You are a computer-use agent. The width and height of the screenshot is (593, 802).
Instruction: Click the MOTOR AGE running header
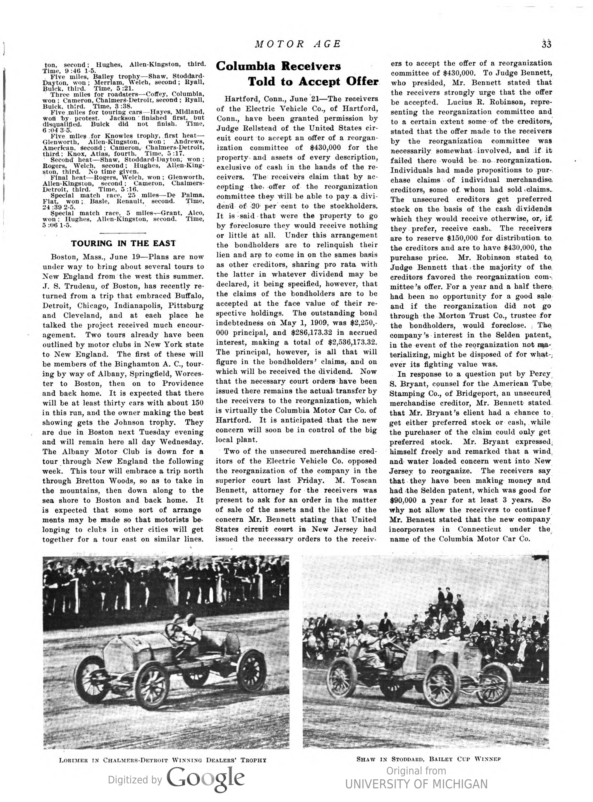tap(298, 44)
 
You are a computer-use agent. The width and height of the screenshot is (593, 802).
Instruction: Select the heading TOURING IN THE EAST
tap(123, 243)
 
